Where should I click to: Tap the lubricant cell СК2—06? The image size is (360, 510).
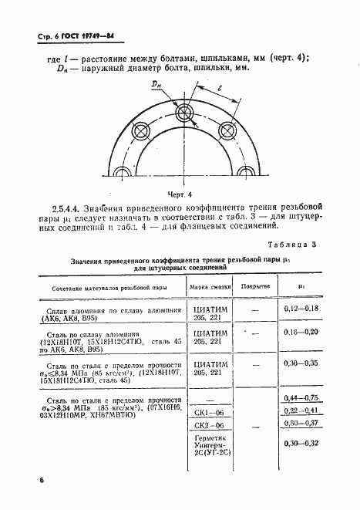click(x=208, y=425)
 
